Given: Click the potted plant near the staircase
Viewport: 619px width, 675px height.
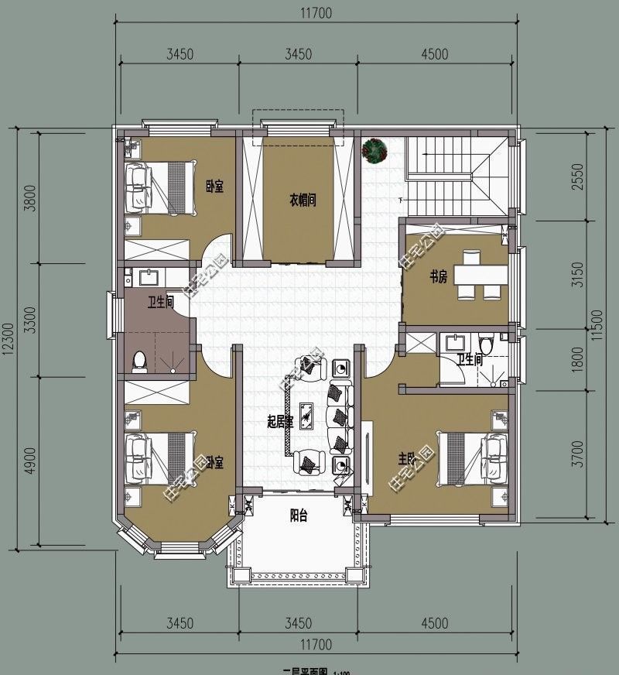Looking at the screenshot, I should click(x=375, y=151).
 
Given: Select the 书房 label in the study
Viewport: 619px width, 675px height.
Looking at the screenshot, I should click(x=439, y=279).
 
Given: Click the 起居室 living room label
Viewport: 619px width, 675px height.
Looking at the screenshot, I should click(x=279, y=422).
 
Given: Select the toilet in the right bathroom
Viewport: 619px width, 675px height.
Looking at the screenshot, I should click(x=486, y=343).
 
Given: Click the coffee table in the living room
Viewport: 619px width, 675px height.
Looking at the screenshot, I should click(x=307, y=416).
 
